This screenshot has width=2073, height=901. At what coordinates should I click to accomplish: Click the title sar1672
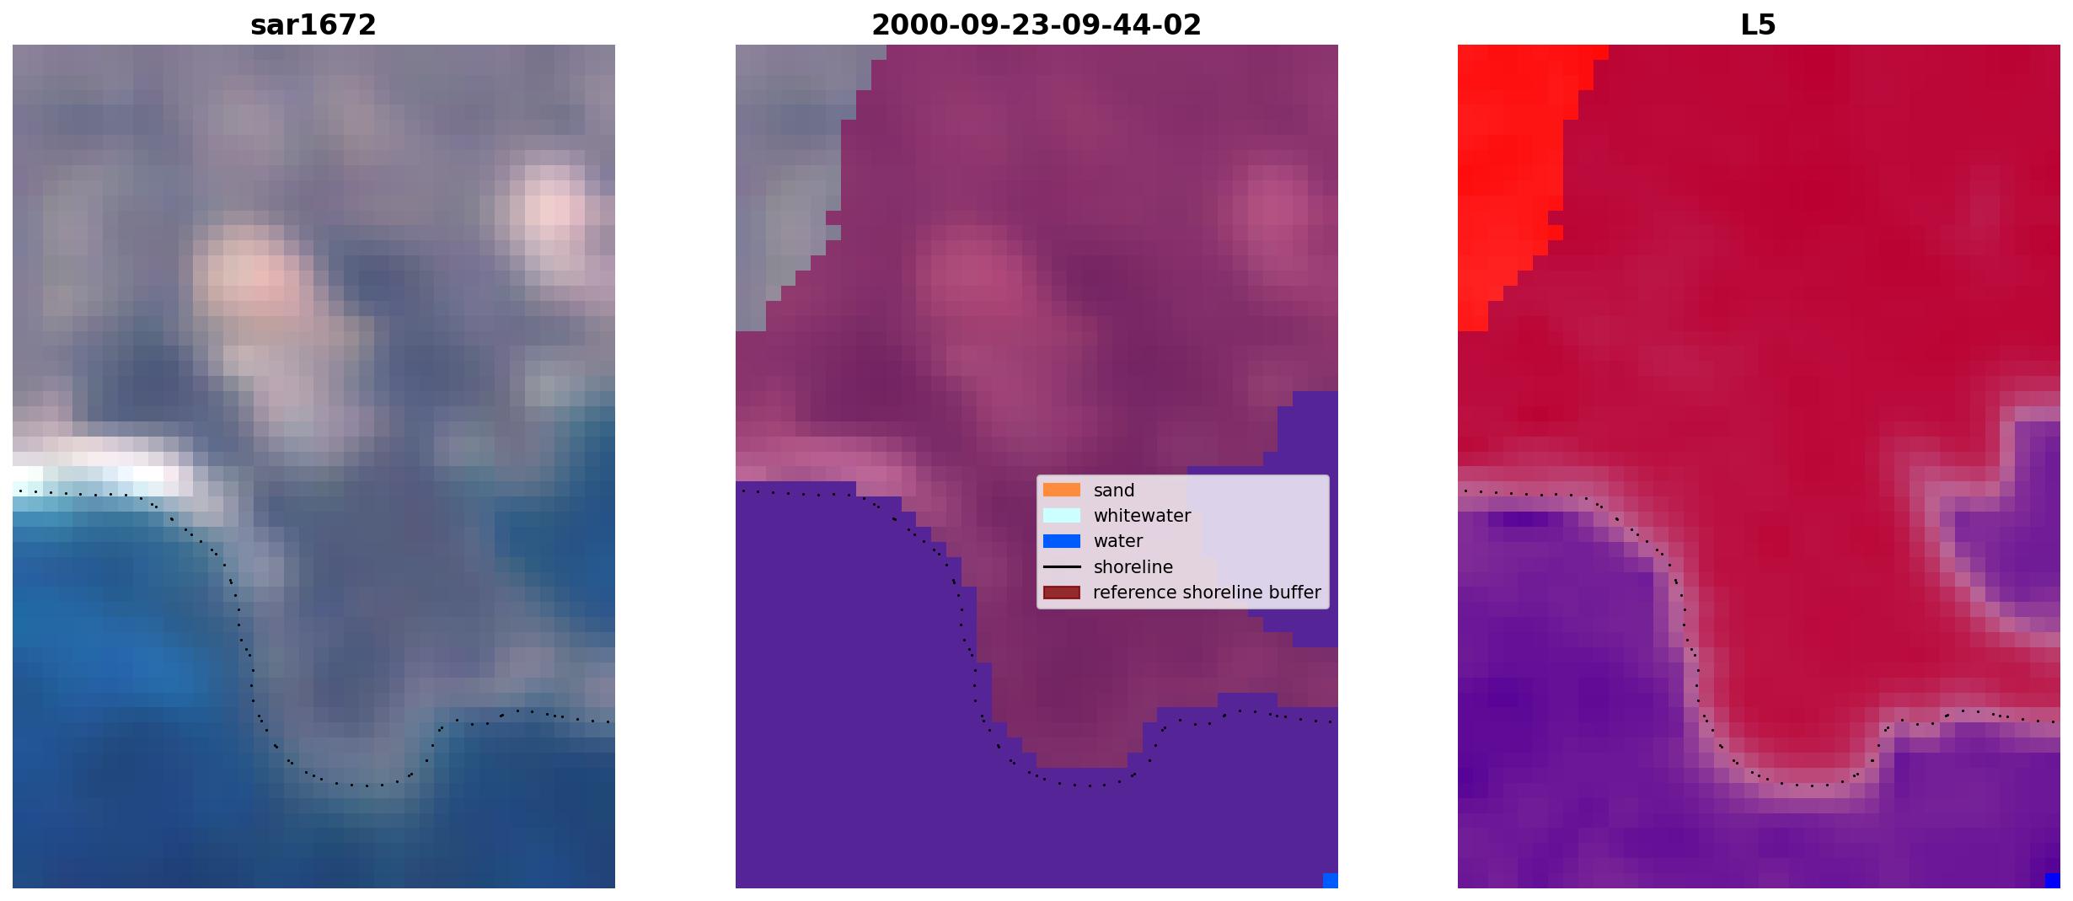click(x=313, y=25)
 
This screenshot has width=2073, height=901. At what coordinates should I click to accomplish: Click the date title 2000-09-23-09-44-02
click(x=1036, y=25)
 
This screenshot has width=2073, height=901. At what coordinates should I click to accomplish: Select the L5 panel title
click(x=1759, y=25)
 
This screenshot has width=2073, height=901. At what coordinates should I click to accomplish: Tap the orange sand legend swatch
click(x=1062, y=490)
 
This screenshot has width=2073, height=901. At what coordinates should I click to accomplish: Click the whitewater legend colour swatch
click(x=1062, y=515)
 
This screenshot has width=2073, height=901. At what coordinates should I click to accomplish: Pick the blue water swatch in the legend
click(x=1062, y=541)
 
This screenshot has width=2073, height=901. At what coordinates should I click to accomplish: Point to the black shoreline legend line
click(x=1062, y=567)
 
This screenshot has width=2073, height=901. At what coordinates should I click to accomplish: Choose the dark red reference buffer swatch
click(x=1062, y=593)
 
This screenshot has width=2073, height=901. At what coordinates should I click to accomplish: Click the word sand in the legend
click(x=1114, y=491)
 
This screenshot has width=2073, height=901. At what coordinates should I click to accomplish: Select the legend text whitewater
click(x=1142, y=516)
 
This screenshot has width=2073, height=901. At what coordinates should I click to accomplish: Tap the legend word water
click(x=1118, y=541)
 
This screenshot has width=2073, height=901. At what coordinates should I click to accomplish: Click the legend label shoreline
click(x=1133, y=567)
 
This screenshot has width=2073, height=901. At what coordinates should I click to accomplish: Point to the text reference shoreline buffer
click(x=1207, y=593)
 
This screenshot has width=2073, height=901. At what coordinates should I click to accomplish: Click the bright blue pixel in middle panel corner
click(x=1331, y=881)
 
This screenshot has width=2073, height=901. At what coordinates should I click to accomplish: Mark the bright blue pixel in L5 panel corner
click(x=2053, y=881)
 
